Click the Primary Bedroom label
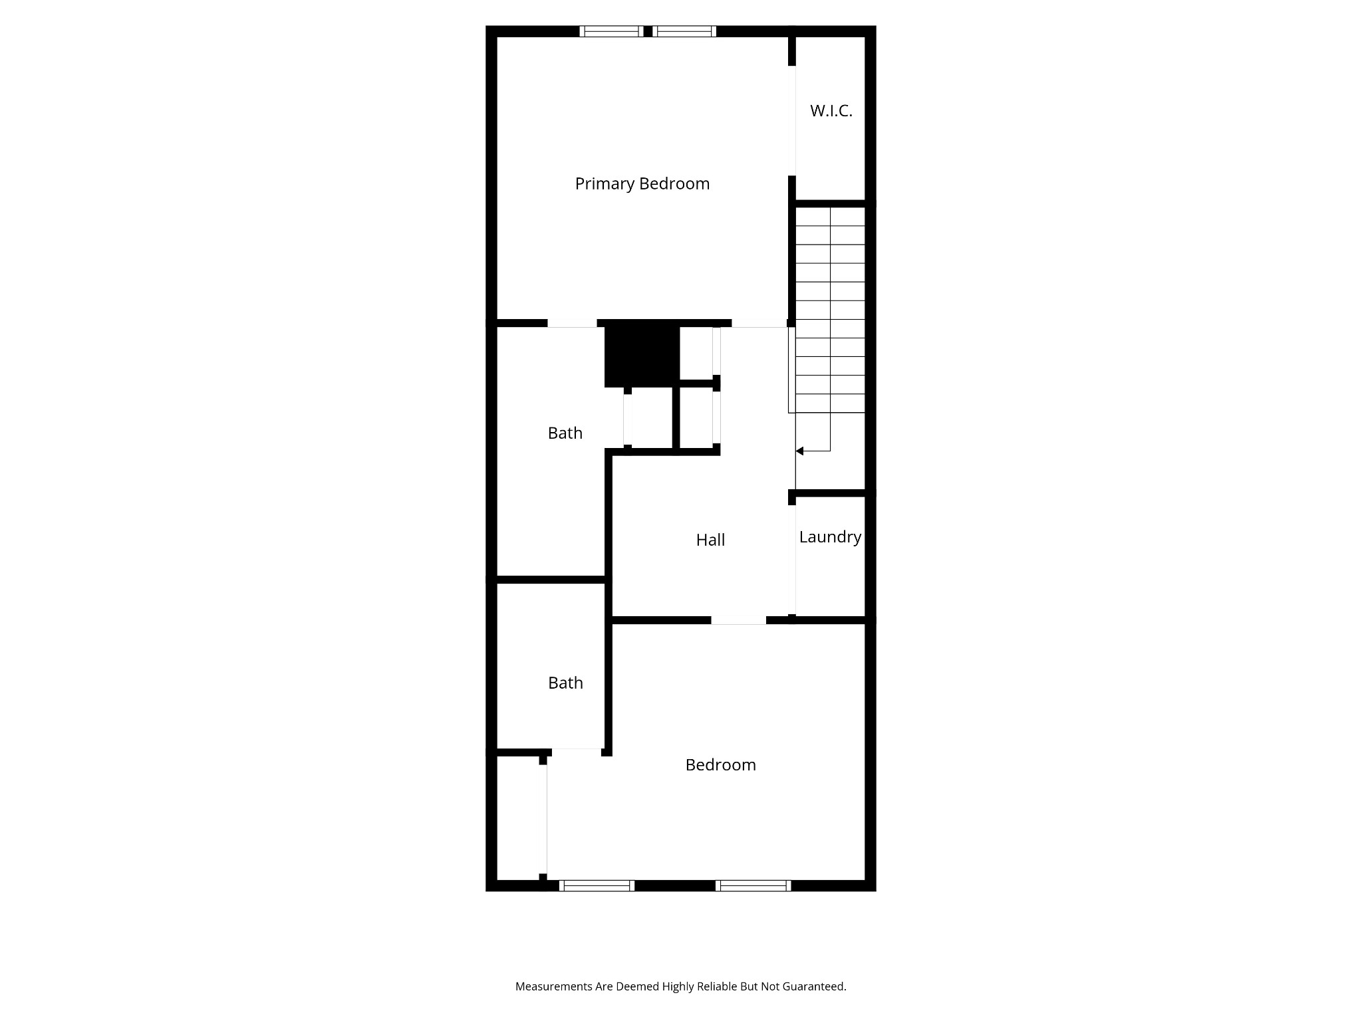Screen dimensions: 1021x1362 642,183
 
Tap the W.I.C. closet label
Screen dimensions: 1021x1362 831,111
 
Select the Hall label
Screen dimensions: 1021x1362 710,540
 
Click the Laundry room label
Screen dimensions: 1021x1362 830,536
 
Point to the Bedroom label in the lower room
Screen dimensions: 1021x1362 720,764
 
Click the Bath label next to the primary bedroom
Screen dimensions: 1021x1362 565,433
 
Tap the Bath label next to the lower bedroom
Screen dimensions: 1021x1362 565,683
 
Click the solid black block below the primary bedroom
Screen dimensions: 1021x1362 642,354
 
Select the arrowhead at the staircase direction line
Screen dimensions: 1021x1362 799,451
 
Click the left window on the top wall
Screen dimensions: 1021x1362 611,31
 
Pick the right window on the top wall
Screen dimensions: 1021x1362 684,31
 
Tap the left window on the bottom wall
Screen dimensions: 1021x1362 597,885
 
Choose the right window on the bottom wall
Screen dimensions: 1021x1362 753,885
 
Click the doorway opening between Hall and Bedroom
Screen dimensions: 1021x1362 738,620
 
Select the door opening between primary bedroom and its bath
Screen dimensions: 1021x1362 572,324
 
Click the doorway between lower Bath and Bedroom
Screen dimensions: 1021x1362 577,751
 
